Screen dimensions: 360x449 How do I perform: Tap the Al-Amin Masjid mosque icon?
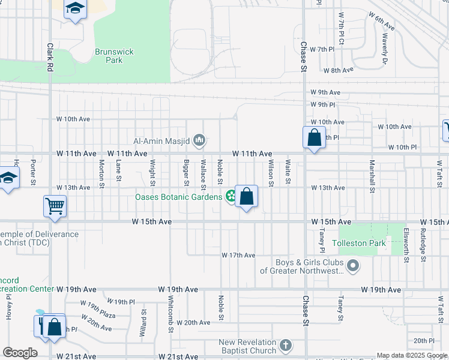[x=200, y=141]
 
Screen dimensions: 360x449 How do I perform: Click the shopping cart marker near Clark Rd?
[x=55, y=206]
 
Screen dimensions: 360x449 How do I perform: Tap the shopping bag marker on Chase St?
[x=314, y=137]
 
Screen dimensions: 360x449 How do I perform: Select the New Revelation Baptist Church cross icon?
[x=286, y=346]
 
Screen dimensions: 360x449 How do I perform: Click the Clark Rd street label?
[x=50, y=55]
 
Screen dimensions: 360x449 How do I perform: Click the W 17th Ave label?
[x=238, y=256]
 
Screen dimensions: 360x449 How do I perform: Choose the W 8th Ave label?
[x=339, y=70]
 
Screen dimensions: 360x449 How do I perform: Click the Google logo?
[x=20, y=353]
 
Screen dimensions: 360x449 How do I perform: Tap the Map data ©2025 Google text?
[x=411, y=355]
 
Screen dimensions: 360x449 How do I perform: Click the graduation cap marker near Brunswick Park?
[x=75, y=9]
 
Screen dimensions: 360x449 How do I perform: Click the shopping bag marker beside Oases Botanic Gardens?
[x=247, y=196]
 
